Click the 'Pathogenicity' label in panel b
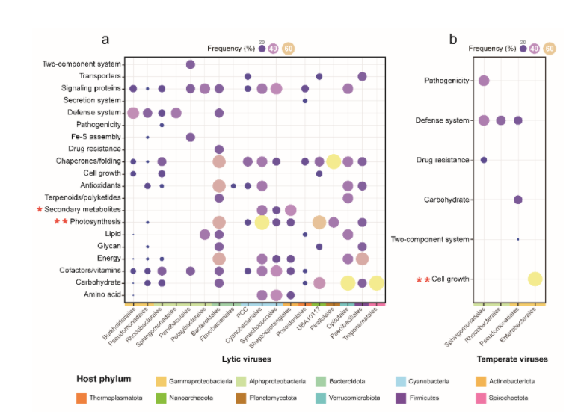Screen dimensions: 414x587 [447, 81]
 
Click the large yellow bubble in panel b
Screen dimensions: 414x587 [535, 279]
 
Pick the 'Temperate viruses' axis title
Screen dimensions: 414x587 [512, 359]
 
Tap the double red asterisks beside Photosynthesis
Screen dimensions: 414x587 [58, 223]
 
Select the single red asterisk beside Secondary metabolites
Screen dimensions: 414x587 [40, 210]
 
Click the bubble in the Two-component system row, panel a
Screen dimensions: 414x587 [191, 64]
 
